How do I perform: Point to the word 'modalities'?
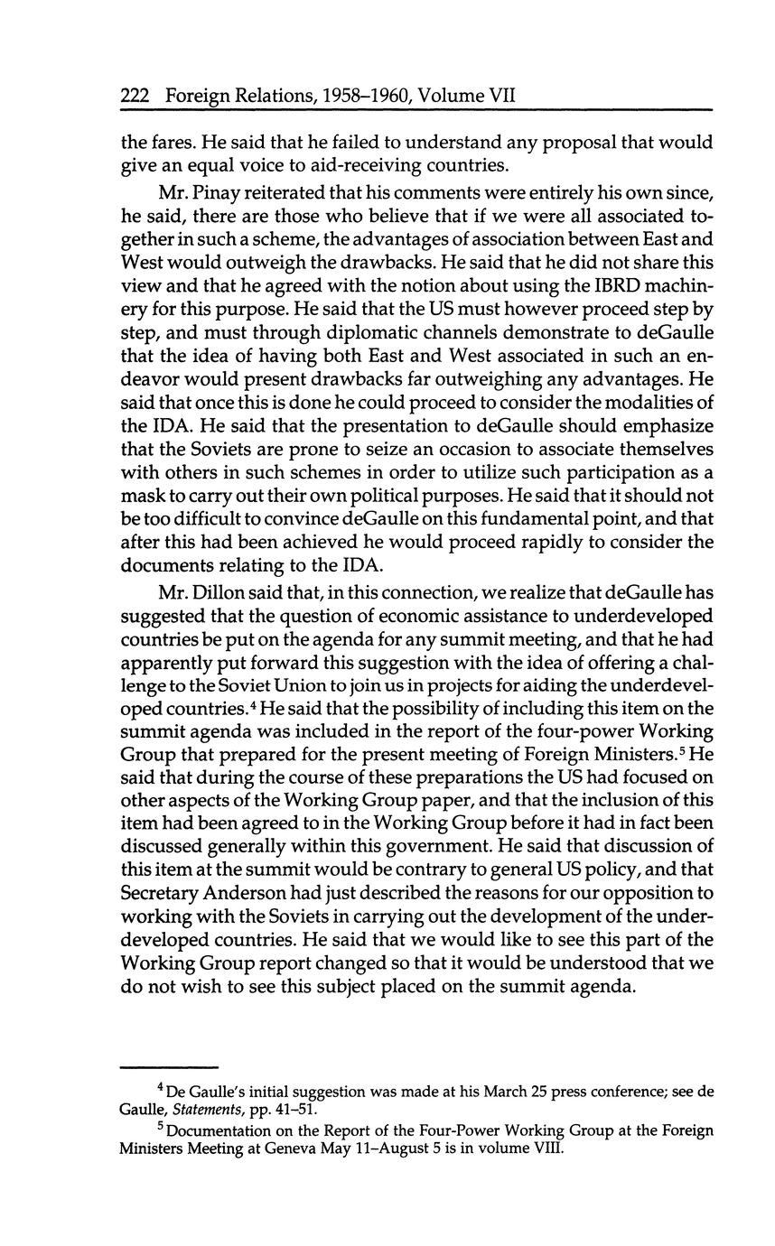tap(639, 402)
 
